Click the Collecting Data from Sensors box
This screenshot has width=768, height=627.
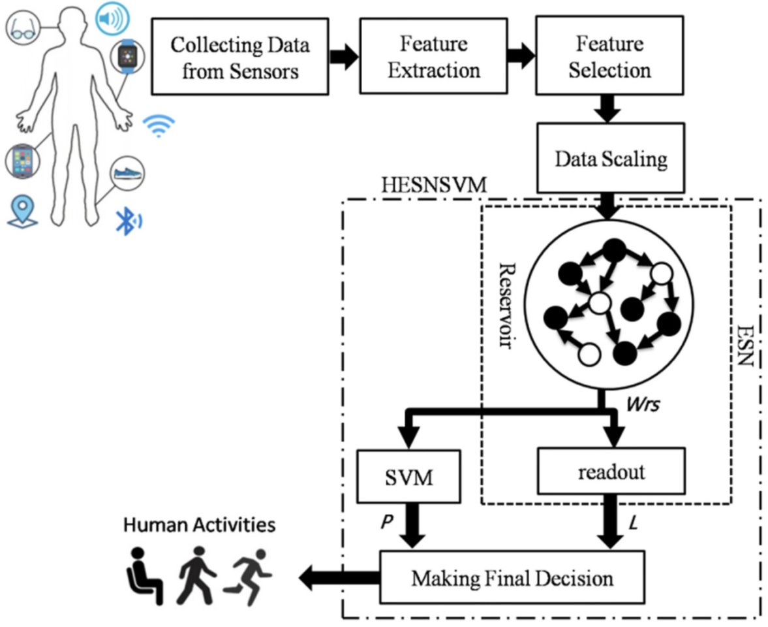pos(240,56)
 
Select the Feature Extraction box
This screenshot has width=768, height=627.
pos(434,56)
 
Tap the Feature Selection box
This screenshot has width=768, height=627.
pos(609,56)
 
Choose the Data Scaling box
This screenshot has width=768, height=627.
pos(611,159)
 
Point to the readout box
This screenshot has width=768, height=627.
pos(611,471)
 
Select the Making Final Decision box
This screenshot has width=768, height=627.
pos(512,577)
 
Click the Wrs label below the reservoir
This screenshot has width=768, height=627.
pos(642,405)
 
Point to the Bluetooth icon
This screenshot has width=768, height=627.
pos(127,221)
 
